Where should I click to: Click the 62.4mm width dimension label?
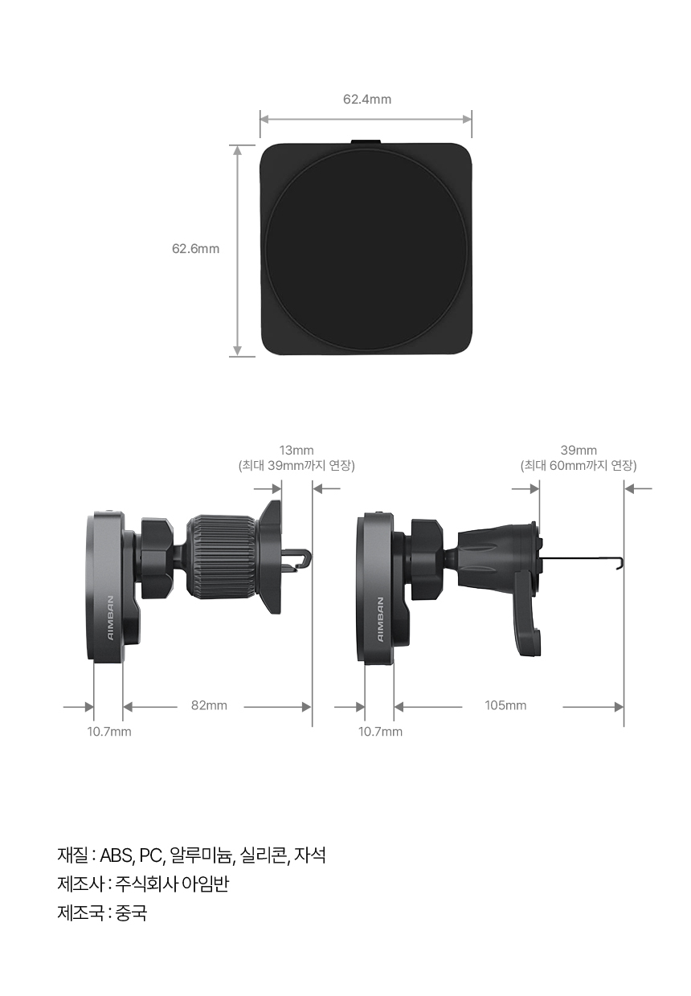[x=367, y=99]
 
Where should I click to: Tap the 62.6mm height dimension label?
[x=196, y=248]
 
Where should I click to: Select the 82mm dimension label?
[x=209, y=705]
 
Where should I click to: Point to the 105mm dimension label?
[x=505, y=705]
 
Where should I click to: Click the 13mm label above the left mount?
[x=296, y=450]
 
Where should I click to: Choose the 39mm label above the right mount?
[x=579, y=450]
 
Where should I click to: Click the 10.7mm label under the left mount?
[x=109, y=732]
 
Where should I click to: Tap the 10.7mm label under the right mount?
[x=380, y=732]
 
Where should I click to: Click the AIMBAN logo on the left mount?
[x=111, y=618]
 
